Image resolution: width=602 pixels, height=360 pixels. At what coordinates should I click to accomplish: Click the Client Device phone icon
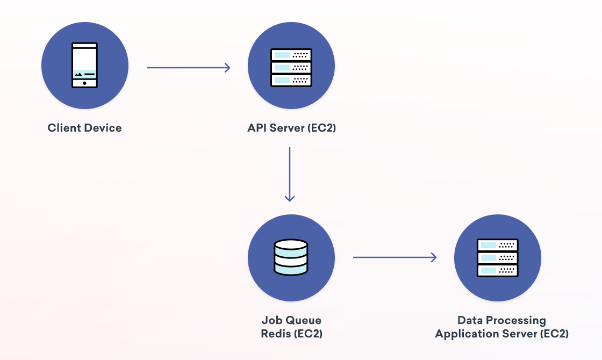click(x=85, y=66)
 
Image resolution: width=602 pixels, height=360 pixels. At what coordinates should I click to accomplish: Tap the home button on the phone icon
click(x=84, y=83)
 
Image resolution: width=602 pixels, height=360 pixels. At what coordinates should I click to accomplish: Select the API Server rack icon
click(x=291, y=67)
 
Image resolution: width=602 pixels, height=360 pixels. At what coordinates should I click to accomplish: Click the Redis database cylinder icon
click(x=291, y=257)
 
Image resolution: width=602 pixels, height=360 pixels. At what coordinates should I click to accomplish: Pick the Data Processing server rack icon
click(x=498, y=258)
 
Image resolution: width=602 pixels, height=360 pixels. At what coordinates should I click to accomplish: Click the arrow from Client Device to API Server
click(x=188, y=68)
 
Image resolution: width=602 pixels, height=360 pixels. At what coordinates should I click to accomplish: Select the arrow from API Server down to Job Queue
click(x=290, y=174)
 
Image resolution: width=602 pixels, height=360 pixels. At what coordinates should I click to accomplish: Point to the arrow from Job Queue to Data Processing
click(x=395, y=257)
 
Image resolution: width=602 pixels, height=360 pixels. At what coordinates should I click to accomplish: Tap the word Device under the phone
click(x=103, y=128)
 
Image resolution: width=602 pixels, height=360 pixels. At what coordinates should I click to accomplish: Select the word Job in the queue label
click(x=271, y=320)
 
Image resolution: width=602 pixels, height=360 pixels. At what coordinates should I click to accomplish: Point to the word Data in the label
click(x=469, y=320)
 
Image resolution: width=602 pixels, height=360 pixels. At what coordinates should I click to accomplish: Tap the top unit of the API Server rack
click(x=291, y=55)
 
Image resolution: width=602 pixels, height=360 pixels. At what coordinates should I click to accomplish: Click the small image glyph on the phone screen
click(x=78, y=74)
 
